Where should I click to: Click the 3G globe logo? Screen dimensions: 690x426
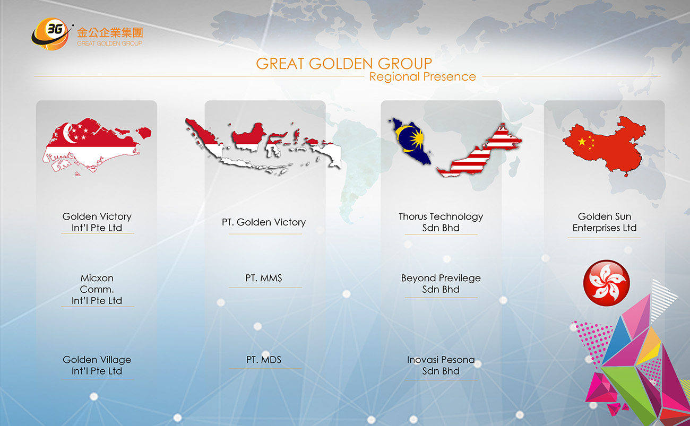[x=51, y=34]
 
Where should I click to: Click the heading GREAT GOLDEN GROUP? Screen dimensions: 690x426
[x=344, y=64]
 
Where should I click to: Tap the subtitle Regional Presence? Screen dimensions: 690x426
[x=422, y=76]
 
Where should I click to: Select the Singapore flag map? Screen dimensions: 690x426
[x=97, y=146]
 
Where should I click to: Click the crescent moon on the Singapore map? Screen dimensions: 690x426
[x=68, y=134]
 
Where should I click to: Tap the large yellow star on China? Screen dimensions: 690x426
[x=582, y=142]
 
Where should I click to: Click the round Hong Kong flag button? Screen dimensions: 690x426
[x=607, y=283]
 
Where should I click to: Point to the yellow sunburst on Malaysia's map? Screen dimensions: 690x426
[x=417, y=138]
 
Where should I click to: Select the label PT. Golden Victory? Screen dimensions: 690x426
[x=264, y=222]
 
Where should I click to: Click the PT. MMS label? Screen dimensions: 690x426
[x=264, y=278]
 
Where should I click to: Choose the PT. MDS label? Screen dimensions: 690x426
[x=264, y=360]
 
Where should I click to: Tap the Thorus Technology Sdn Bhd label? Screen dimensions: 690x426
[x=441, y=222]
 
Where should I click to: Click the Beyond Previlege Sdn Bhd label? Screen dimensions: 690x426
[x=441, y=283]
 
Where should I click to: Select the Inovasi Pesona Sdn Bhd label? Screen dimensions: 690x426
[x=441, y=365]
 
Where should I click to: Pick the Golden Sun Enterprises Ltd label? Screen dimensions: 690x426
[x=605, y=222]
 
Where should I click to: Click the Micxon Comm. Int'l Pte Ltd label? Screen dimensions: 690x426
[x=97, y=289]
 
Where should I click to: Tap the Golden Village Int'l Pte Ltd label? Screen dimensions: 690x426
[x=97, y=365]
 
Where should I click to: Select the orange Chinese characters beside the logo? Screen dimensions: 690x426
[x=110, y=32]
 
